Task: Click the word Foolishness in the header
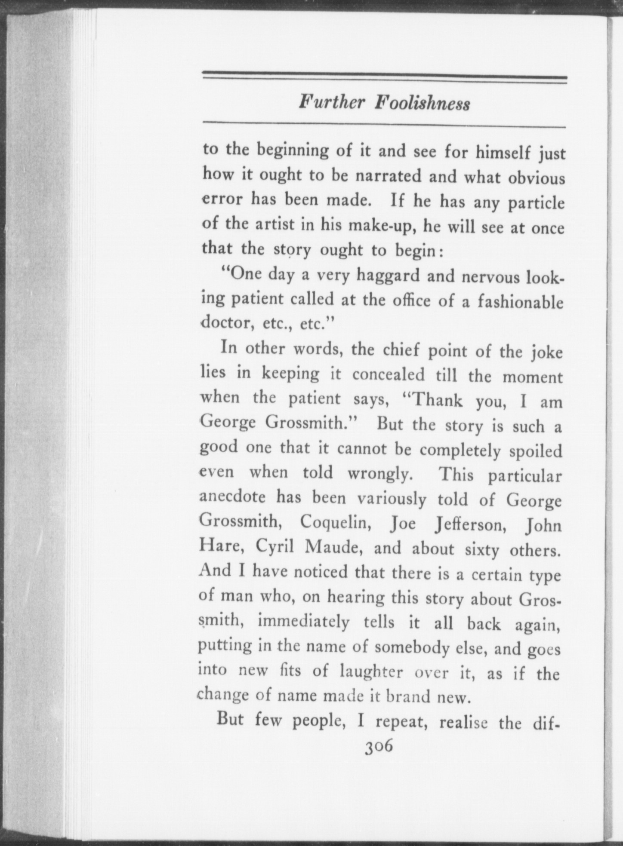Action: pos(422,104)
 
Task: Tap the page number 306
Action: pos(379,747)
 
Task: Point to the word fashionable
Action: pos(520,302)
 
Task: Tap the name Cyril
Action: pos(274,546)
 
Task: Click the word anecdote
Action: pos(233,498)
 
